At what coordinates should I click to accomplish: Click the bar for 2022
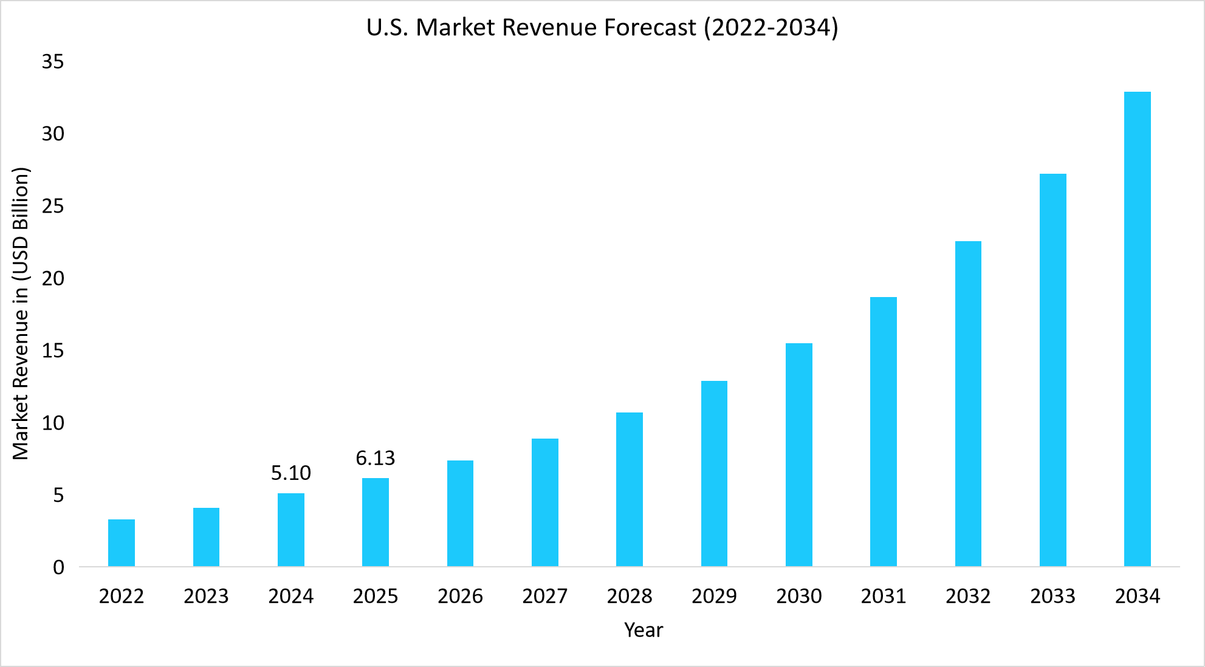click(122, 543)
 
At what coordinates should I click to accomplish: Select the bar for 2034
click(1137, 329)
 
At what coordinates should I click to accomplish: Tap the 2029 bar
click(714, 474)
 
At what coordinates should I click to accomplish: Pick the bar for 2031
click(883, 432)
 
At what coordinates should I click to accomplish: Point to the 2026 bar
click(460, 513)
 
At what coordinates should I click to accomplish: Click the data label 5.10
click(290, 473)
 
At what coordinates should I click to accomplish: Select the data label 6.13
click(375, 458)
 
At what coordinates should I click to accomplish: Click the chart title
click(602, 28)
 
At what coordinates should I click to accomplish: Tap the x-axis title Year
click(643, 630)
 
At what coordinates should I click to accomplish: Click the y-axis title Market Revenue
click(21, 313)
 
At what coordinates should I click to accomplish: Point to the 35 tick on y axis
click(53, 61)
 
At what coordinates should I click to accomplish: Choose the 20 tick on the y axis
click(53, 278)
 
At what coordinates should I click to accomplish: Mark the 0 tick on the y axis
click(58, 567)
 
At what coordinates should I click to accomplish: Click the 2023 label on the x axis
click(206, 596)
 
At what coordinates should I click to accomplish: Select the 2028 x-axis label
click(629, 596)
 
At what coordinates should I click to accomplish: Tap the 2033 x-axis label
click(1052, 596)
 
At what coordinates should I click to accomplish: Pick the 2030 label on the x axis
click(798, 596)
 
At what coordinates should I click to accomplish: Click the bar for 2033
click(1052, 370)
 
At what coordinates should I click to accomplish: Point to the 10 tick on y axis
click(53, 423)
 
